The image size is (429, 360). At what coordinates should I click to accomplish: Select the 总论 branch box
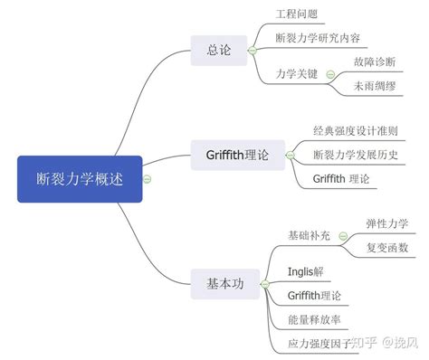click(x=218, y=51)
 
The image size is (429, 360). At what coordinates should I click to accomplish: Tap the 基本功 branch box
click(x=218, y=283)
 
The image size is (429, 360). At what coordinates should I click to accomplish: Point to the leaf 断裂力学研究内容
click(x=317, y=39)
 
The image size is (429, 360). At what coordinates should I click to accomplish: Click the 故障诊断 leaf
click(x=378, y=62)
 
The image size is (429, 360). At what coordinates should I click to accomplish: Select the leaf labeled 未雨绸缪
click(x=378, y=87)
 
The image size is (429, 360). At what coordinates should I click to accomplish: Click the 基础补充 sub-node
click(x=310, y=236)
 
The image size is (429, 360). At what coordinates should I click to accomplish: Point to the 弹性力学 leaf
click(x=386, y=223)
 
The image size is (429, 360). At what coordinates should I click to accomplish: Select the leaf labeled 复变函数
click(x=386, y=247)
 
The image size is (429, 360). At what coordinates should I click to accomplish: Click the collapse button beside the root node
click(x=148, y=179)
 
